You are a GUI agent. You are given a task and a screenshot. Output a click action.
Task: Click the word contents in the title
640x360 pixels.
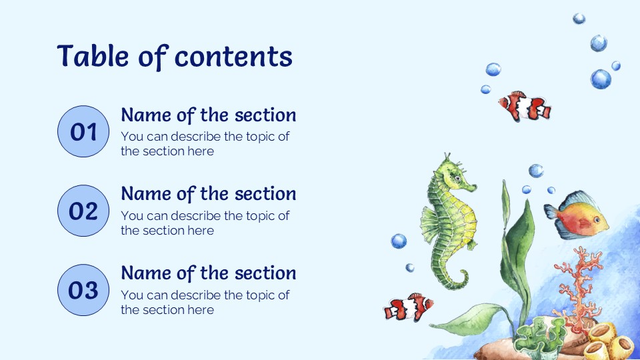[x=233, y=57]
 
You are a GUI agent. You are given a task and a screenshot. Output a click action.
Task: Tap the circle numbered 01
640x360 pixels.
[x=83, y=132]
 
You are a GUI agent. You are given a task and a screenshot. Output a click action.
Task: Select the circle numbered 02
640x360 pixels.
[x=83, y=211]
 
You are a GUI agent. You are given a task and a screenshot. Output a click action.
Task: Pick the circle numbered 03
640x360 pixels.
[x=83, y=290]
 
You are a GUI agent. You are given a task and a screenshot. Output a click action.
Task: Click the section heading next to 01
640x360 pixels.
[x=208, y=115]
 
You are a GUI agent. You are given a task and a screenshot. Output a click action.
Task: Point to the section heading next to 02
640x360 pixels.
[x=208, y=194]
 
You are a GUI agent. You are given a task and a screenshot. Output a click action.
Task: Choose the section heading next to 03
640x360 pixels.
[x=208, y=273]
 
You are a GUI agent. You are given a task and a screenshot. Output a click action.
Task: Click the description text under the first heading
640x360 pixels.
[x=205, y=144]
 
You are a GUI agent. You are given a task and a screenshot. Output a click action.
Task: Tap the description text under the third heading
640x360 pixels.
[x=205, y=302]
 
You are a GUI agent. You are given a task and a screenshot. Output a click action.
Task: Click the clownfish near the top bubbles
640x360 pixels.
[x=525, y=107]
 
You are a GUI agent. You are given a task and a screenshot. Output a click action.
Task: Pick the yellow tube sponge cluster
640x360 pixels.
[x=607, y=340]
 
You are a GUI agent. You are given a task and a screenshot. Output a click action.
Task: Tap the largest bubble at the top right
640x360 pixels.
[x=601, y=79]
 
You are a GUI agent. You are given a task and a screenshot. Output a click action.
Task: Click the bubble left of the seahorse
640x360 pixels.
[x=399, y=241]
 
